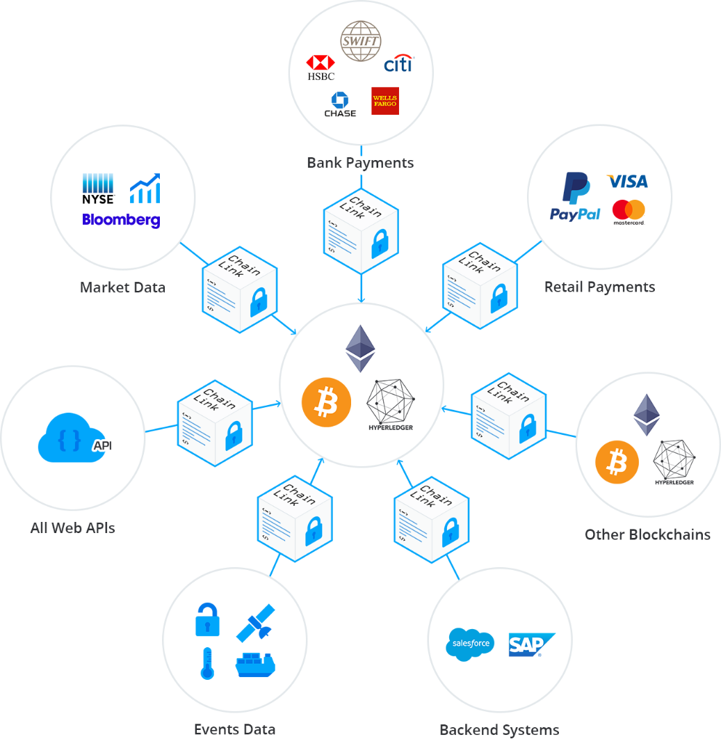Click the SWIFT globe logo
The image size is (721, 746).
coord(360,41)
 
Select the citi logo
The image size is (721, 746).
coord(398,64)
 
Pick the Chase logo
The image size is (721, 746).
coord(340,104)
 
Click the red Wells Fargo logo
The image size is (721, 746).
coord(385,101)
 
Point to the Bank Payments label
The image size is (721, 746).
coord(361,163)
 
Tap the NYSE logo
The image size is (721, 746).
coord(98,189)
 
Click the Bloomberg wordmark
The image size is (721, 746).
coord(121,220)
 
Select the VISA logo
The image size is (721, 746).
coord(627,182)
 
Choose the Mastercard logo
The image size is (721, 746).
coord(629,212)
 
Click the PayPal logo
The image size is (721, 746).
coord(575,198)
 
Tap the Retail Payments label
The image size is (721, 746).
coord(599,287)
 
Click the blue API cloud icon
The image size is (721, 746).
coord(74,439)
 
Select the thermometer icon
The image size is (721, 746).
coord(206,663)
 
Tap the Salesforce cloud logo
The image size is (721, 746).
coord(470,643)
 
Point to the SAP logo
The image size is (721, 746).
coord(531,644)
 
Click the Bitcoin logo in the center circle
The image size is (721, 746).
coord(326,402)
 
